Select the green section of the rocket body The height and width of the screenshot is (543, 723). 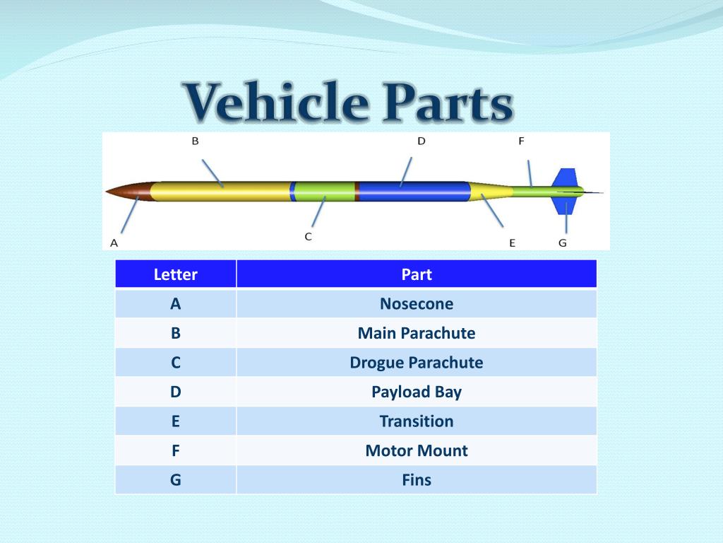click(324, 192)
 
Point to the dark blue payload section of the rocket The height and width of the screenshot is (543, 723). click(414, 192)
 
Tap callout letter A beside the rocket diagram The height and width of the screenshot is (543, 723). click(114, 243)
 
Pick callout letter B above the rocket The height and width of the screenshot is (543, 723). click(196, 141)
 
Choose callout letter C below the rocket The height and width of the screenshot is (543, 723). click(309, 236)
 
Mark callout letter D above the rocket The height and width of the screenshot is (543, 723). click(422, 141)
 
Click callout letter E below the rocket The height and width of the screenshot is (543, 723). click(513, 243)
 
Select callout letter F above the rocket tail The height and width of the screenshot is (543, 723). click(522, 141)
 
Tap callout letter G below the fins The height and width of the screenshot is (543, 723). click(563, 243)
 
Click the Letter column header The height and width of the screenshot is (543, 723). click(176, 274)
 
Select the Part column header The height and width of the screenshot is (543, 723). click(417, 274)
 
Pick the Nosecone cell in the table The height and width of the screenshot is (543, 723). click(417, 304)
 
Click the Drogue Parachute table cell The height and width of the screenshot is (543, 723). click(417, 363)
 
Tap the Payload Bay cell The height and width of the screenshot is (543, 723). click(417, 392)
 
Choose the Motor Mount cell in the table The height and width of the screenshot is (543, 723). click(417, 450)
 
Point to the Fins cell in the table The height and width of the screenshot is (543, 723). click(417, 480)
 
